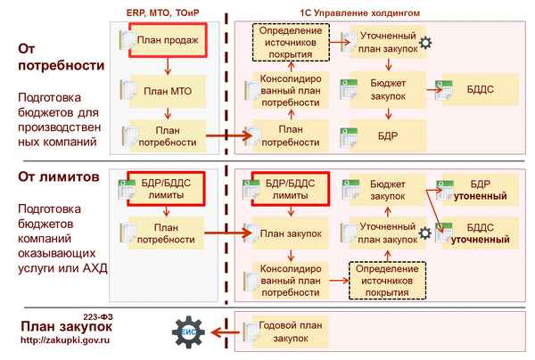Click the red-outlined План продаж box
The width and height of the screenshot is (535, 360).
pos(168,41)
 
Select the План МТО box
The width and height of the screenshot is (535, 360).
pos(166,91)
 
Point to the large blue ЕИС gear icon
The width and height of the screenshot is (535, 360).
pos(189,331)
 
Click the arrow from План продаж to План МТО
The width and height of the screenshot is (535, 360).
pos(167,68)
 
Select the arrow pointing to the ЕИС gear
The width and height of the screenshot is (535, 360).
pos(223,331)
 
